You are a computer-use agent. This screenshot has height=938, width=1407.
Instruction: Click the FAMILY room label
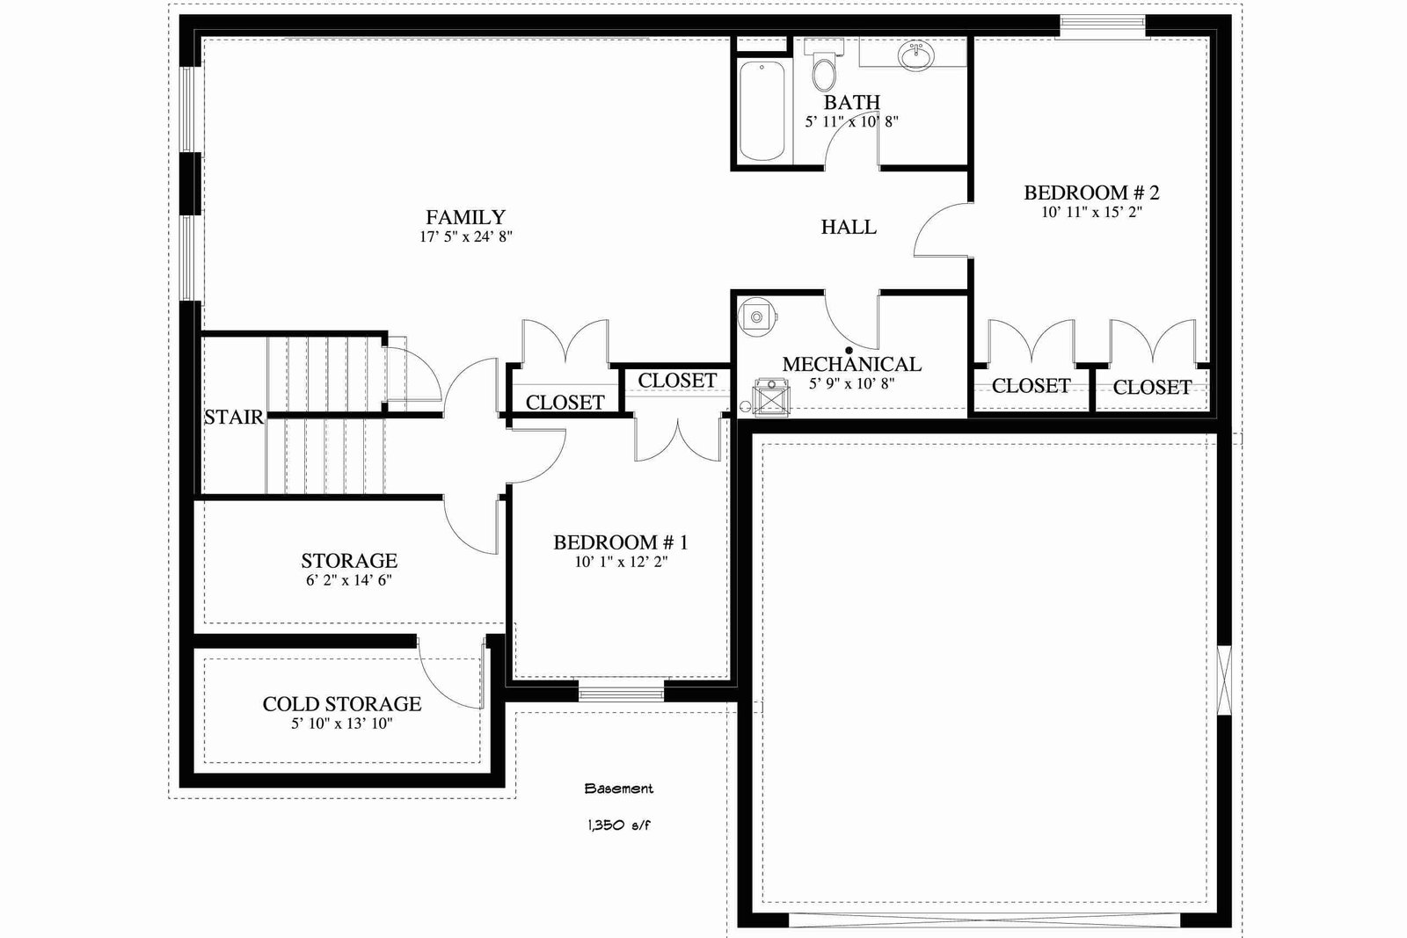(x=465, y=217)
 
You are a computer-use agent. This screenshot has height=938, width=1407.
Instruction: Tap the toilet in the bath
(x=823, y=67)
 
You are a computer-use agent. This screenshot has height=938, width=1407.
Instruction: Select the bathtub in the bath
(x=762, y=111)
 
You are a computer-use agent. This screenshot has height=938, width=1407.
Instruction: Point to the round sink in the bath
(x=916, y=56)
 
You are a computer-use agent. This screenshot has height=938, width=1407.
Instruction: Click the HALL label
(x=849, y=227)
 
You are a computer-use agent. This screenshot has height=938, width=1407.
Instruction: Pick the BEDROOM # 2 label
(x=1091, y=193)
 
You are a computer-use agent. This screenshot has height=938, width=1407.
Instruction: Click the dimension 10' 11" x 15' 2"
(x=1091, y=212)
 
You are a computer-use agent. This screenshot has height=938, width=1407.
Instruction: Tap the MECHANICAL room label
(x=852, y=364)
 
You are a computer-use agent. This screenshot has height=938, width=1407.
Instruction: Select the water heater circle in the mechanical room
(x=756, y=317)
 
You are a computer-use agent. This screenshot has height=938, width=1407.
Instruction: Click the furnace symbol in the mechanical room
(x=770, y=396)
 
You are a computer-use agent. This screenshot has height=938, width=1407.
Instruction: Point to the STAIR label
(x=234, y=417)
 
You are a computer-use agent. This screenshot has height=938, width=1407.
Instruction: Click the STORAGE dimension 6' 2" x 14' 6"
(x=349, y=580)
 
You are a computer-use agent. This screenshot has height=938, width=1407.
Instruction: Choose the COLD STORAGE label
(x=342, y=704)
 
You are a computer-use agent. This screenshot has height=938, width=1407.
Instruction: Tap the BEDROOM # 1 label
(x=621, y=542)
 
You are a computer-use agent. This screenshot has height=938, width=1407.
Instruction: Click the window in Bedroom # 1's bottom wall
(x=621, y=693)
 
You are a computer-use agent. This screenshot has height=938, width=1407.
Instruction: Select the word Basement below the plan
(x=619, y=789)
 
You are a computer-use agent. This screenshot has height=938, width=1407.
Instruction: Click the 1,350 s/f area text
(x=619, y=825)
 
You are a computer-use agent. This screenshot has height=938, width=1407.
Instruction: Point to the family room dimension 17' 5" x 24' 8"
(x=466, y=236)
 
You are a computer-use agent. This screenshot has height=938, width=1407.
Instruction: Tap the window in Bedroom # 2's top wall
(x=1103, y=26)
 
